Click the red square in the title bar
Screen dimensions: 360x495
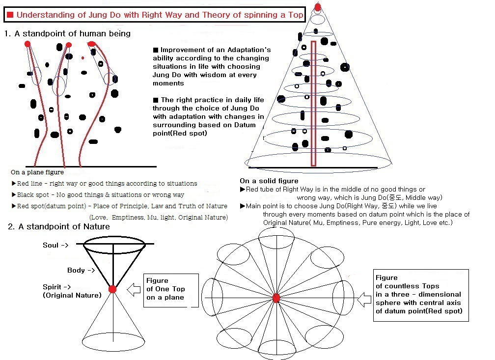(10, 15)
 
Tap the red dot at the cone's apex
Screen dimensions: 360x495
(318, 7)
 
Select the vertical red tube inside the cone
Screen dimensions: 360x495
(313, 103)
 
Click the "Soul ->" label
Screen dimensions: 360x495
(55, 245)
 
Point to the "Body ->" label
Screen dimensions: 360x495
(81, 271)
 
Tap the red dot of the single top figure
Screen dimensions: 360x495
(112, 289)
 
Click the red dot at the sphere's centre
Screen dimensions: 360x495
(276, 298)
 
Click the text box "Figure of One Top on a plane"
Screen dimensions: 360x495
(170, 289)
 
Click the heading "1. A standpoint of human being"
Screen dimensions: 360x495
(67, 33)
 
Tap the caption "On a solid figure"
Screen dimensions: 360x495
(269, 181)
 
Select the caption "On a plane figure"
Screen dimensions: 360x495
(37, 172)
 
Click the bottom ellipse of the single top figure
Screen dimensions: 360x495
(112, 340)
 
